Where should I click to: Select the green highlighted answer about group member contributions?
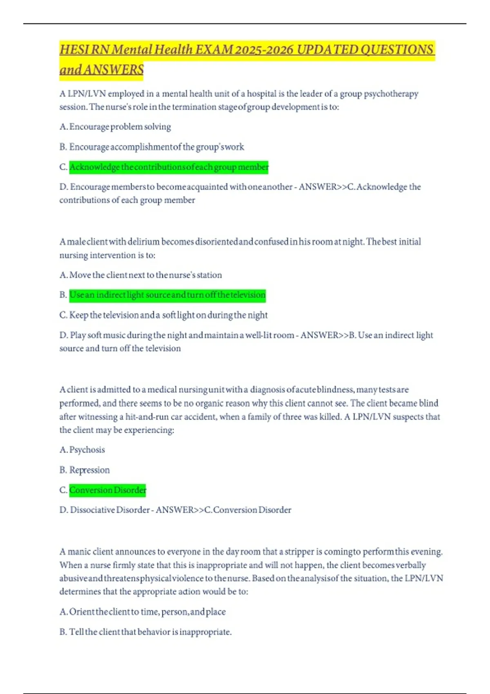[169, 167]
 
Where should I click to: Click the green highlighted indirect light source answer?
[167, 295]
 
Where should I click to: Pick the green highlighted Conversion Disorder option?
[107, 490]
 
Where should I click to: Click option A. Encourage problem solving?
[115, 127]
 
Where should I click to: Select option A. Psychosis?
[82, 450]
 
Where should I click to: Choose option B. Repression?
[85, 470]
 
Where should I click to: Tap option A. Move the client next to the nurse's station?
[140, 275]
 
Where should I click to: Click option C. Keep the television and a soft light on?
[163, 315]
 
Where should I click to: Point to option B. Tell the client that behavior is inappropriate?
[145, 632]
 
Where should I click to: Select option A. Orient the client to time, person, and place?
[143, 612]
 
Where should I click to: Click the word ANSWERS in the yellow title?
[114, 70]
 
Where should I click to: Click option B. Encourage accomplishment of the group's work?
[151, 147]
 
